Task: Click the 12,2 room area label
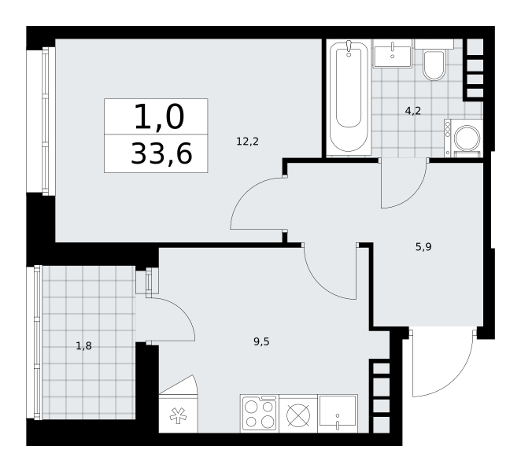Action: click(247, 142)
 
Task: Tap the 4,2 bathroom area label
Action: click(412, 111)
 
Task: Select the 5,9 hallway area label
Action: click(423, 247)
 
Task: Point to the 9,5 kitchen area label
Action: click(261, 341)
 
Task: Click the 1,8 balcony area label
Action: click(83, 346)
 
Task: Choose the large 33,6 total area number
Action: click(161, 153)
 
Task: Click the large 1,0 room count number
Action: click(159, 116)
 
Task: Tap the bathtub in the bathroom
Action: click(349, 98)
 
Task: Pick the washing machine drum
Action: click(467, 138)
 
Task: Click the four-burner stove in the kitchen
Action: click(260, 414)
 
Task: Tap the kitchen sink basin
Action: click(338, 414)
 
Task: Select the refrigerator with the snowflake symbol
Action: click(178, 414)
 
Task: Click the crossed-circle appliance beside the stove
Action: click(298, 415)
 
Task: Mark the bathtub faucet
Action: click(349, 47)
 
